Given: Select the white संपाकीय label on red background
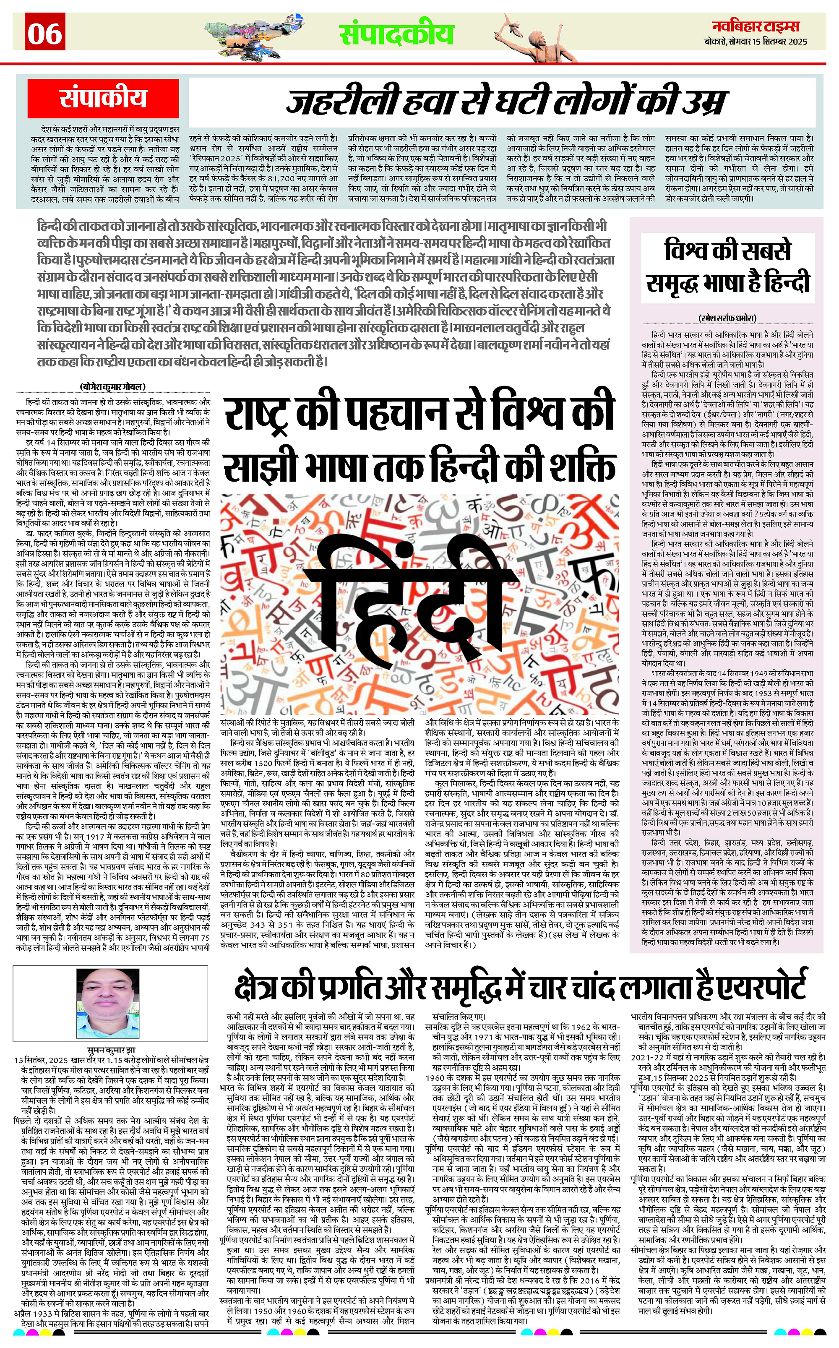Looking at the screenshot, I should (104, 99).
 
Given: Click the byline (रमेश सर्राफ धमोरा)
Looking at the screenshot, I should (727, 318).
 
